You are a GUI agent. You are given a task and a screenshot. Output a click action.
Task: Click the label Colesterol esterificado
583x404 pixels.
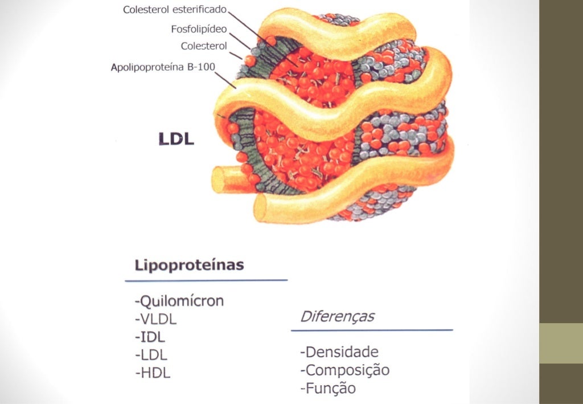(x=175, y=10)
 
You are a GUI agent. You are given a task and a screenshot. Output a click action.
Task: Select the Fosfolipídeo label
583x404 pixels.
(x=199, y=28)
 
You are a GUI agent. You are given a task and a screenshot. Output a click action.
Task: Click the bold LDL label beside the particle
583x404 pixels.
(x=176, y=138)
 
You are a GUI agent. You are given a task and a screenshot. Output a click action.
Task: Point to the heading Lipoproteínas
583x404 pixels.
(x=189, y=265)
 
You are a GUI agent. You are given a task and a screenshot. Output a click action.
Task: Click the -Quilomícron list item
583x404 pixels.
(x=179, y=301)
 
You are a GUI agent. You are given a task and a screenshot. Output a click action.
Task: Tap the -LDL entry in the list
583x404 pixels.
(x=151, y=355)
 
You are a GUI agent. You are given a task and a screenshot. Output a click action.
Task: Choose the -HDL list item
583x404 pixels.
(x=153, y=373)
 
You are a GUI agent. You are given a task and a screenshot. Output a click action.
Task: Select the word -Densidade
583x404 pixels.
(x=339, y=352)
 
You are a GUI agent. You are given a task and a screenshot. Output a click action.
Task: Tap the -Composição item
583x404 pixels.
(x=344, y=370)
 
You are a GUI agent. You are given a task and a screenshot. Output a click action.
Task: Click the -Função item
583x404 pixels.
(x=327, y=389)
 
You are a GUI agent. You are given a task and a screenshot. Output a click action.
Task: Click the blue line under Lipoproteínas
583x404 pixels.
(x=206, y=280)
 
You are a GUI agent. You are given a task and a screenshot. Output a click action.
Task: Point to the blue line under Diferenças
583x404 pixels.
(x=372, y=330)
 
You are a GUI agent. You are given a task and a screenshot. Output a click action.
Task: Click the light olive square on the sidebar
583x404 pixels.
(x=561, y=343)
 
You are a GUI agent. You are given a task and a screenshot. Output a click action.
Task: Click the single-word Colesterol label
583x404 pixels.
(x=204, y=46)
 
